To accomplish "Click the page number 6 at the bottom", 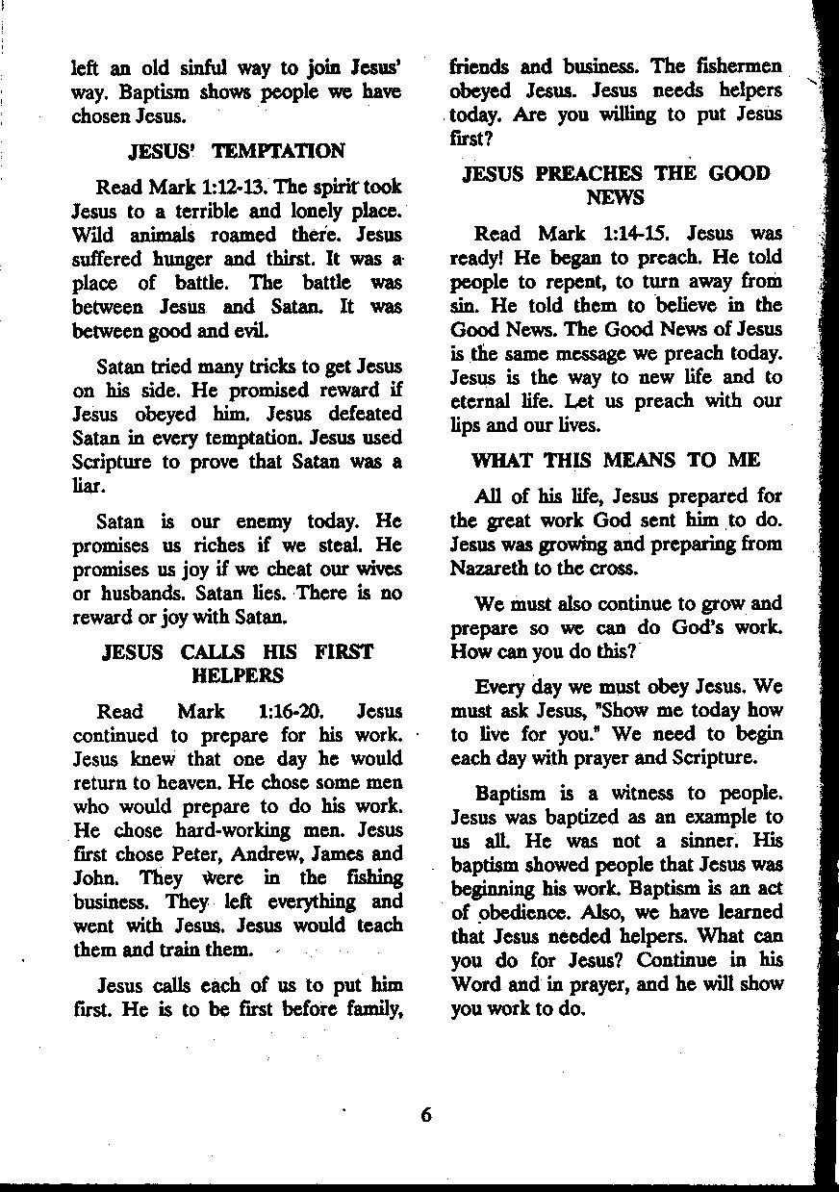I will click(427, 1116).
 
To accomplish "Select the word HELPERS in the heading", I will click(238, 675).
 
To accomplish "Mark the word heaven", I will click(178, 783).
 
